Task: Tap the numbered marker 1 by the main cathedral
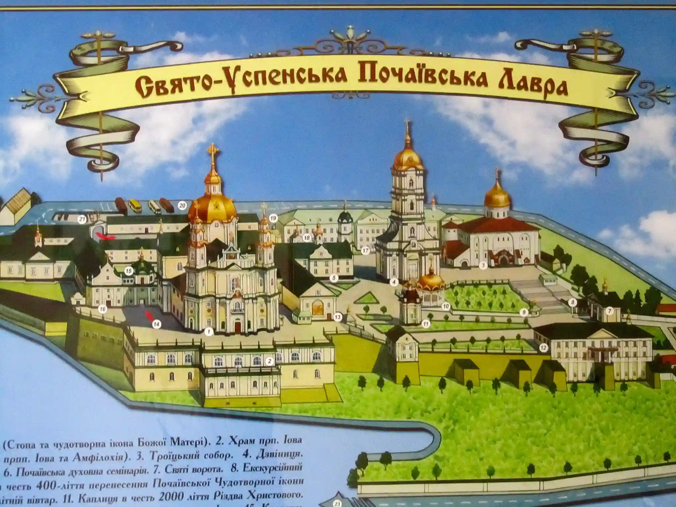point(209,332)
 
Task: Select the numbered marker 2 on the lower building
point(269,361)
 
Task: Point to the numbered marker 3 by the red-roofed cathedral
point(483,265)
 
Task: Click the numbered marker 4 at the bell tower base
point(394,282)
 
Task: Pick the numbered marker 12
point(543,348)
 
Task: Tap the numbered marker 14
point(156,324)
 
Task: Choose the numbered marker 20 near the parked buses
point(182,206)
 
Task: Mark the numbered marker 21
point(82,220)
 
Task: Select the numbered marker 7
point(609,311)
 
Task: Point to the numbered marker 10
point(446,306)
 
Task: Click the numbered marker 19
point(273,218)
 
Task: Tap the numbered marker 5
point(334,278)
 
